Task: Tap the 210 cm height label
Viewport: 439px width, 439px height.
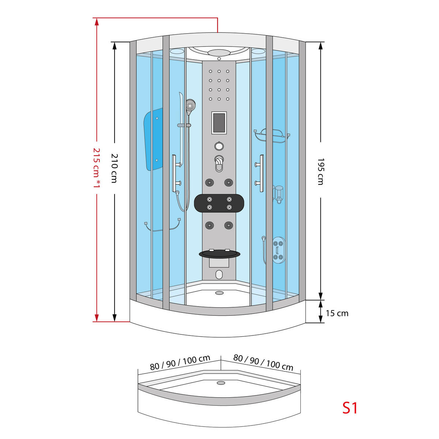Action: click(114, 168)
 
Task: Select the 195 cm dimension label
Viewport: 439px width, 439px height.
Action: click(320, 171)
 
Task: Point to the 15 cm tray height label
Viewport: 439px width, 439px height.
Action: click(337, 313)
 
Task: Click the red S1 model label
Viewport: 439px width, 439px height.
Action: click(350, 408)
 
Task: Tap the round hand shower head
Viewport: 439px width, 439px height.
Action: click(190, 105)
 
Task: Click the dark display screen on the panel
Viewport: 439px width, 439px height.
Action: click(219, 123)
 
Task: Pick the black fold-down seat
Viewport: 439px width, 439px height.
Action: click(219, 253)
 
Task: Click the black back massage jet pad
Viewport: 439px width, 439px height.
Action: click(219, 203)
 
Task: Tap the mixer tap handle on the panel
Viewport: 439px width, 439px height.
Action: click(219, 163)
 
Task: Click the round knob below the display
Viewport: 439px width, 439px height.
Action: click(219, 146)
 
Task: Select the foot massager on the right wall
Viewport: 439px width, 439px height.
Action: click(278, 249)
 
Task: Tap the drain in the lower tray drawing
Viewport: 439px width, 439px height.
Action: click(221, 383)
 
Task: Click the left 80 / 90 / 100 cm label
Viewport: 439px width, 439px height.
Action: click(180, 363)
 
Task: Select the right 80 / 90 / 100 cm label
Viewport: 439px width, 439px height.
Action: click(263, 363)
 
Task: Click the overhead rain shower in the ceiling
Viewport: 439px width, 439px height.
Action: click(219, 53)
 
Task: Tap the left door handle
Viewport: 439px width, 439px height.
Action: click(175, 173)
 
